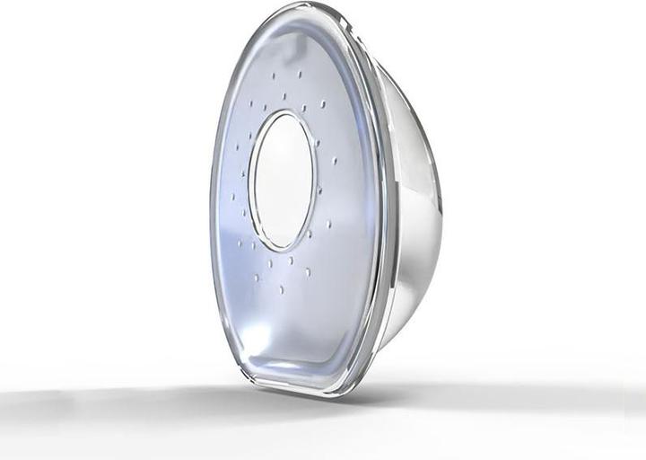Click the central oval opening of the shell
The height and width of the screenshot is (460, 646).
[283, 180]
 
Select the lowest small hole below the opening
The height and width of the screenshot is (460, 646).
[282, 289]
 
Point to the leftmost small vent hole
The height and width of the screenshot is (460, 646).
[231, 196]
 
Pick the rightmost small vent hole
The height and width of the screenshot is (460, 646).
[335, 162]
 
